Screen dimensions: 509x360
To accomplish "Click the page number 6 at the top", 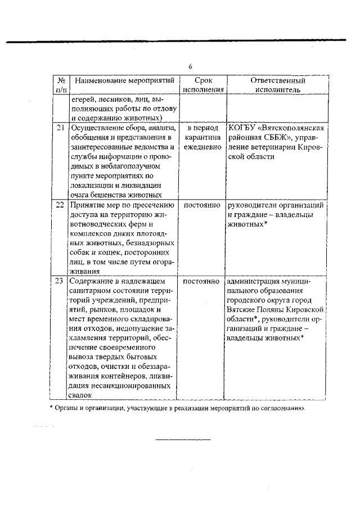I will click(190, 66).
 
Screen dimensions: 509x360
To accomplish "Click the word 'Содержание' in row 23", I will click(92, 280).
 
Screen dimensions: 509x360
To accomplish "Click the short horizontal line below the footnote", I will click(183, 439).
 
